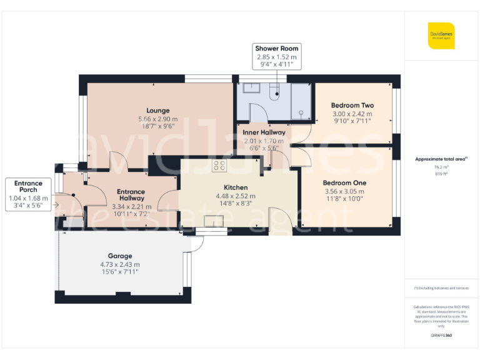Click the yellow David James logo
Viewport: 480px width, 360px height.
441,36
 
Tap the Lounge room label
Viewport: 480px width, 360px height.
157,111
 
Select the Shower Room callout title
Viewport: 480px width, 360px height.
277,48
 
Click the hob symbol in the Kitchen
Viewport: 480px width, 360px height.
219,166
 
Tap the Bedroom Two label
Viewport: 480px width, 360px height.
352,106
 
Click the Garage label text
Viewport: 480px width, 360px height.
119,256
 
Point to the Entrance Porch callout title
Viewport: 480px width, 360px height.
28,187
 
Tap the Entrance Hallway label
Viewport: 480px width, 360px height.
131,196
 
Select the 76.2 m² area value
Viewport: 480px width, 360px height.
441,167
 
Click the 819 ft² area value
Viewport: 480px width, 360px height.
441,174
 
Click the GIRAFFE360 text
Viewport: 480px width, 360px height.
441,336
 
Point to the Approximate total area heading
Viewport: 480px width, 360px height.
441,159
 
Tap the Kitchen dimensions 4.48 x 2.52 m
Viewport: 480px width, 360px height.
236,196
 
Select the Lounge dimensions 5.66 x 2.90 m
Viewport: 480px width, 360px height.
157,119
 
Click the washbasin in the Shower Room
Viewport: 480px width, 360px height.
252,88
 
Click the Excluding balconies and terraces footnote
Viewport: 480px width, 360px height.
441,288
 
